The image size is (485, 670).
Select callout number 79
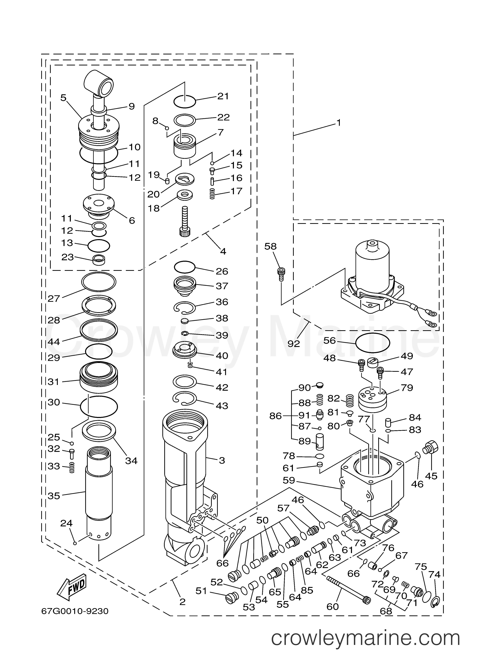point(407,388)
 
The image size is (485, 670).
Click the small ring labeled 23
point(99,260)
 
